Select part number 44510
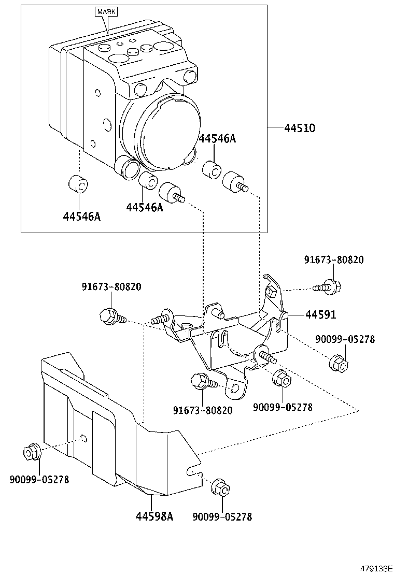(300, 127)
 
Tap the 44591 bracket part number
(320, 314)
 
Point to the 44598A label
(154, 516)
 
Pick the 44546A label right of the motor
(217, 138)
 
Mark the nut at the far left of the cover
(32, 452)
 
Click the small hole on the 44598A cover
(83, 440)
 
